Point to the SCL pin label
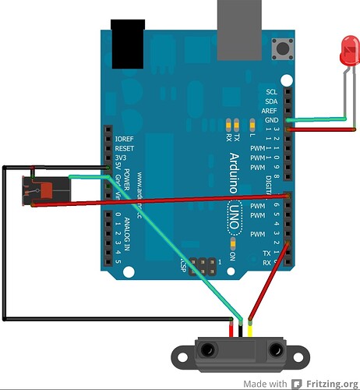click(x=271, y=92)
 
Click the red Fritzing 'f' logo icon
click(x=297, y=384)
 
